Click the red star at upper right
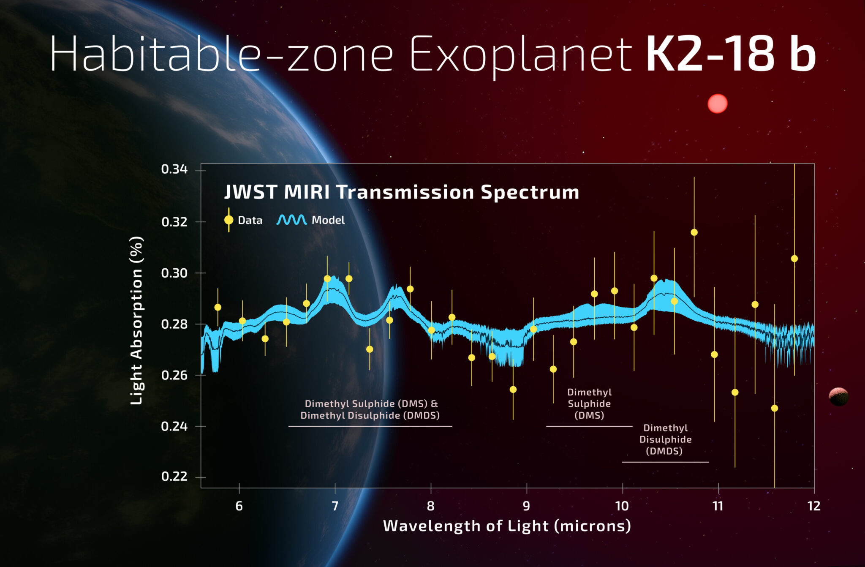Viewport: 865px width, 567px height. pos(717,104)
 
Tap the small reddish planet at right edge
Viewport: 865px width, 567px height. pos(838,396)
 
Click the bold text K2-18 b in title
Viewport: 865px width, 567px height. pos(730,54)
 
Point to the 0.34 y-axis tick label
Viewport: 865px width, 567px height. pos(174,169)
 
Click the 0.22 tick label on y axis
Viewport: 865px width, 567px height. pos(174,477)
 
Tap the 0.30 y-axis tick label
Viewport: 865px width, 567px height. pos(174,273)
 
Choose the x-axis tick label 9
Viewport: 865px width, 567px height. pos(526,506)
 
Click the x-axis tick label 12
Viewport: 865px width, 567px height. pos(813,506)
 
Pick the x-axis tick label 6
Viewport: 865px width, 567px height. pos(239,506)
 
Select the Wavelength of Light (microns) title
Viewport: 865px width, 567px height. pos(507,526)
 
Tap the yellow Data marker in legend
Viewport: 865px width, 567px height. pos(228,220)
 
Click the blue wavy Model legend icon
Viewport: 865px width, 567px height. pos(291,220)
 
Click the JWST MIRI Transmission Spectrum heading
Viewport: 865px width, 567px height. pos(401,192)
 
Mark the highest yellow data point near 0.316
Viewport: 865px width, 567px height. pos(694,232)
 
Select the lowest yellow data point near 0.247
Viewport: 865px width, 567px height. pos(774,408)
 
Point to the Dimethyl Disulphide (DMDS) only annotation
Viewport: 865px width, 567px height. pos(665,439)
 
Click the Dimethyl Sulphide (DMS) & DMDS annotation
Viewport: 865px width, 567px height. pos(370,409)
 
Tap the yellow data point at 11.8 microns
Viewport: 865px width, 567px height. pos(794,259)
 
